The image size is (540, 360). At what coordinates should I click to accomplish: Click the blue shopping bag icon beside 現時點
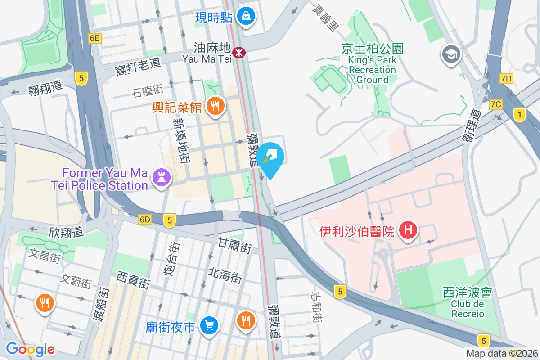(x=246, y=17)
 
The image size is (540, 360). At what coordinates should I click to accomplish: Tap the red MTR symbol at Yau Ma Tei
(x=238, y=53)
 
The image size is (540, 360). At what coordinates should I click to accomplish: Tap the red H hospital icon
(x=408, y=230)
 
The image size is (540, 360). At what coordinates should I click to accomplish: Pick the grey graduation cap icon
(x=450, y=55)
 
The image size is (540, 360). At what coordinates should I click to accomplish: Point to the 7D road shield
(x=506, y=79)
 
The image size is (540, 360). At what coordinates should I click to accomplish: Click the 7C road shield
(x=496, y=104)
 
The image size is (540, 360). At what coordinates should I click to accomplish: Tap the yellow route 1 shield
(x=520, y=115)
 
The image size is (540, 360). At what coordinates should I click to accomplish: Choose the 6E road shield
(x=94, y=38)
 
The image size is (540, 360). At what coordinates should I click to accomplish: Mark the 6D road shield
(x=145, y=220)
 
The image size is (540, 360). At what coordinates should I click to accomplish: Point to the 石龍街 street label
(x=147, y=91)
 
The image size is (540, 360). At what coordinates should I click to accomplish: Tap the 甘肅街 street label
(x=235, y=245)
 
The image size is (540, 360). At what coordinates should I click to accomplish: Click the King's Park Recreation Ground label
(x=372, y=64)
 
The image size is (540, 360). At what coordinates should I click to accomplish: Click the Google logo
(x=30, y=349)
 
